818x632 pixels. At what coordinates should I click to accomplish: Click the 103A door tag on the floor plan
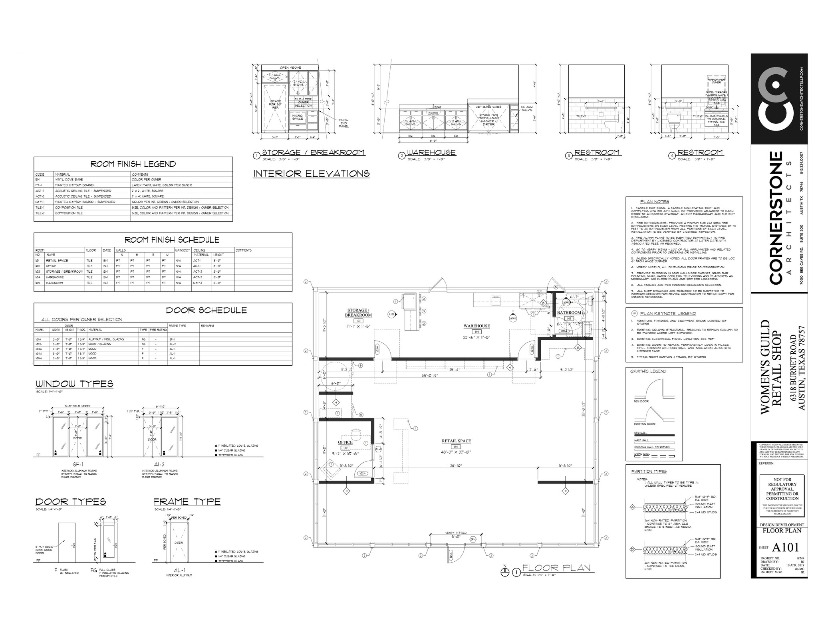[x=377, y=348]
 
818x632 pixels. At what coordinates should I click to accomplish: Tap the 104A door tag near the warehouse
[x=532, y=349]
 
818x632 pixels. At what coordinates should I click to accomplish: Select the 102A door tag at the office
[x=363, y=474]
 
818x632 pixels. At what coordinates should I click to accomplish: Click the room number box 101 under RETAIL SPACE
[x=456, y=446]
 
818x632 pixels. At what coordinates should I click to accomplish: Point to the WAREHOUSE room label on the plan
[x=477, y=326]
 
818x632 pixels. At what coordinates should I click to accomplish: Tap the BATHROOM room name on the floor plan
[x=569, y=313]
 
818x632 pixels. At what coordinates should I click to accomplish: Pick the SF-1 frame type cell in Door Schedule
[x=172, y=339]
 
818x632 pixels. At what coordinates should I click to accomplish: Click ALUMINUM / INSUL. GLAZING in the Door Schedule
[x=106, y=339]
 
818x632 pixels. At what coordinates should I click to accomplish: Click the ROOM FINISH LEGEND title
[x=133, y=164]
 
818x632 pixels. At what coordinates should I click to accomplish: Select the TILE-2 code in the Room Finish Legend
[x=40, y=213]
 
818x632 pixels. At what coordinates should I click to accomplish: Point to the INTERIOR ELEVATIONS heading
[x=311, y=174]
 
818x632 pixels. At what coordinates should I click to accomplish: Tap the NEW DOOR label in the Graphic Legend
[x=641, y=401]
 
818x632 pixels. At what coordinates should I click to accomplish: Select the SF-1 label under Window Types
[x=78, y=464]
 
